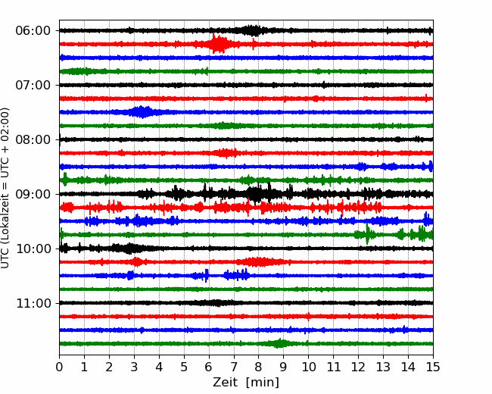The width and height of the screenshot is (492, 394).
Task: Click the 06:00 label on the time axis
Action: pyautogui.click(x=33, y=31)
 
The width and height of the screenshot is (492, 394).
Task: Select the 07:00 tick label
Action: pyautogui.click(x=33, y=85)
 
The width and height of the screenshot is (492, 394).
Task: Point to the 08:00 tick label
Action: pyautogui.click(x=33, y=139)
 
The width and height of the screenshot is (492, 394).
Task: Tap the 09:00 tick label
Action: pyautogui.click(x=33, y=194)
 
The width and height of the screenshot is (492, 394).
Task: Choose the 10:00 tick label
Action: pyautogui.click(x=33, y=249)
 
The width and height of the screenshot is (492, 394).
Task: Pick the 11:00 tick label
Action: pyautogui.click(x=33, y=303)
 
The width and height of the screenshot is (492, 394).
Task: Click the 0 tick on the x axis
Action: pyautogui.click(x=59, y=367)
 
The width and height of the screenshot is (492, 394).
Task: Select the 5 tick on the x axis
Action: pyautogui.click(x=184, y=367)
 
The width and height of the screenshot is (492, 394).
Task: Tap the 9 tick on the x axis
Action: pyautogui.click(x=283, y=367)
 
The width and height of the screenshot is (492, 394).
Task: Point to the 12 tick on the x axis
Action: pyautogui.click(x=358, y=367)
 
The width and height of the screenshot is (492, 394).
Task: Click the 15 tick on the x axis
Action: pyautogui.click(x=433, y=367)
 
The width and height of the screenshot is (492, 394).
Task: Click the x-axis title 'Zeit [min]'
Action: pyautogui.click(x=246, y=383)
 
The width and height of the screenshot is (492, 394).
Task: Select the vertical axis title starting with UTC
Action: pyautogui.click(x=5, y=188)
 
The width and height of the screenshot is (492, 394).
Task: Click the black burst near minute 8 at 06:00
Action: pyautogui.click(x=252, y=30)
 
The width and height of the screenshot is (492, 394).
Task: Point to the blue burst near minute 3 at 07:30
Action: pyautogui.click(x=141, y=112)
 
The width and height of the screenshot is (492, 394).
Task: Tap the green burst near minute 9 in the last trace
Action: pyautogui.click(x=279, y=343)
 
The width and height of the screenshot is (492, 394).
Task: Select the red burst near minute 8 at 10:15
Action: pyautogui.click(x=259, y=261)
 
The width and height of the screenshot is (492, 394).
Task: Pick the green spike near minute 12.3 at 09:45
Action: pyautogui.click(x=367, y=234)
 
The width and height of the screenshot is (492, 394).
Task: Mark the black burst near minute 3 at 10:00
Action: pyautogui.click(x=127, y=249)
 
